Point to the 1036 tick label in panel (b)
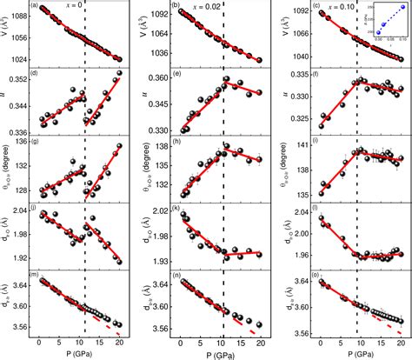point(158,55)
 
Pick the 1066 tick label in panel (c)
point(294,35)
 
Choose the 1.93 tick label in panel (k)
point(160,261)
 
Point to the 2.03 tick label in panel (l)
point(297,212)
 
